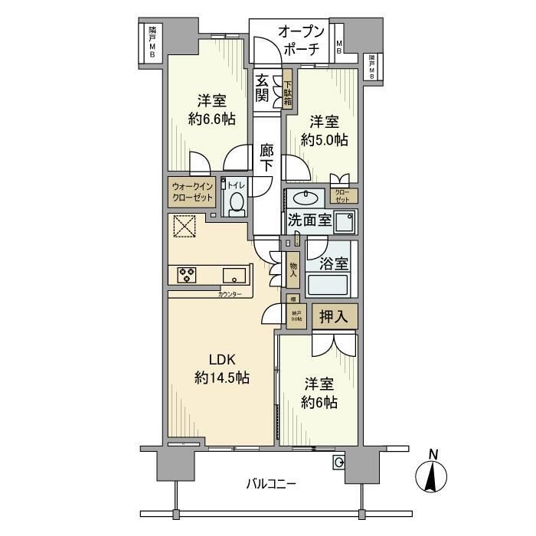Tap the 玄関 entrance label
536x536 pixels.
263,90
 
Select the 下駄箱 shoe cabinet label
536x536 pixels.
287,91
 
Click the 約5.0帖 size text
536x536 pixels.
324,140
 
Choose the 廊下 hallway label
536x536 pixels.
266,159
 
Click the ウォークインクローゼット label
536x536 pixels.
192,191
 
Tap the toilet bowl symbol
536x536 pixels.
236,204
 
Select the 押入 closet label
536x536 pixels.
334,315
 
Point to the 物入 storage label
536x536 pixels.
293,270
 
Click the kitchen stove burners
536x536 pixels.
188,274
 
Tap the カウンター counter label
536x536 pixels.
230,295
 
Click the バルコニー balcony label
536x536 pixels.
270,483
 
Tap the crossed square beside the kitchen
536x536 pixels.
184,227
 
